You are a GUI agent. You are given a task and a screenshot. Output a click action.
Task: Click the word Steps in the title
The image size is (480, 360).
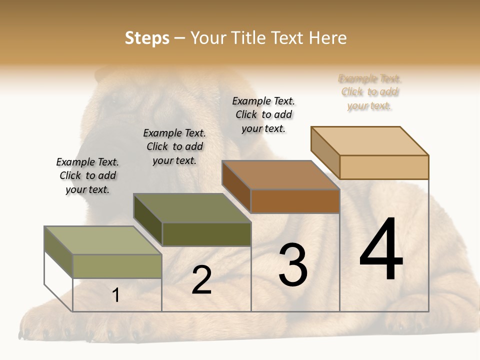147,38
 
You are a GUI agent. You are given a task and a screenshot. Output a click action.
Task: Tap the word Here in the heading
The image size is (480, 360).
328,38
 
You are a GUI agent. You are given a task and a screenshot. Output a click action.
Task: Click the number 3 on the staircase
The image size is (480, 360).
293,264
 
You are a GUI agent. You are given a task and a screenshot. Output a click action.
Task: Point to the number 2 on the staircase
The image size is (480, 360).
201,280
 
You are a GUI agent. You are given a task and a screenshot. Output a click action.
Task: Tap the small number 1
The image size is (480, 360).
115,295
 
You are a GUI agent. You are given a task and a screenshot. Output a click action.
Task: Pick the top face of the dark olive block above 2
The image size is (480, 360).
192,208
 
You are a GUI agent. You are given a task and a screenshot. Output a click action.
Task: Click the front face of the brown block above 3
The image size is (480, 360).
295,201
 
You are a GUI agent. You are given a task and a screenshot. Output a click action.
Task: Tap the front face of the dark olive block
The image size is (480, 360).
206,234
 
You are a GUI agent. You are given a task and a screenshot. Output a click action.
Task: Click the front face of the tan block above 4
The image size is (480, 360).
384,167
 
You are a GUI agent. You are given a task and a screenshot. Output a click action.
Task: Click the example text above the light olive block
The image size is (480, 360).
87,175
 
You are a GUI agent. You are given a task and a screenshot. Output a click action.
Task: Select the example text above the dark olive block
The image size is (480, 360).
174,146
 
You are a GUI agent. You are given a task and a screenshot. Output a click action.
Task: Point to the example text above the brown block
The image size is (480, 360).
263,114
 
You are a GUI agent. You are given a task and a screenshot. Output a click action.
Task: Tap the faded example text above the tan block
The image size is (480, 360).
370,92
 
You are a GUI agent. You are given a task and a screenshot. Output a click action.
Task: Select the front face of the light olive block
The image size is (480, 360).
117,266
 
